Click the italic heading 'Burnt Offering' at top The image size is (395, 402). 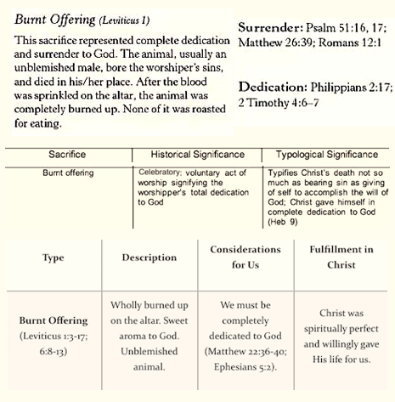(55, 20)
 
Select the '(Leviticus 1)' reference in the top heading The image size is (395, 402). (124, 20)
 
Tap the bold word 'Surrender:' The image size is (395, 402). (270, 27)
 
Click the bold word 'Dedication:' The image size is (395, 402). (273, 87)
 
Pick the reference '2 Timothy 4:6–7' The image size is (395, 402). (279, 103)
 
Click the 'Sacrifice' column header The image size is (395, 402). (67, 155)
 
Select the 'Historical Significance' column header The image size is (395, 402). (198, 155)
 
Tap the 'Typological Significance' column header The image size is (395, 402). (327, 155)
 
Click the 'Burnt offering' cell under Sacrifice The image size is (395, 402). (68, 173)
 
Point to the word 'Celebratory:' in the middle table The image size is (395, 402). (159, 173)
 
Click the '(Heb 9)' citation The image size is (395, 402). (283, 222)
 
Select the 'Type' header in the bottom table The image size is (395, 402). (54, 258)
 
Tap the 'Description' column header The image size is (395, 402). (150, 258)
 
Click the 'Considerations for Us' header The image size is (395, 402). (245, 257)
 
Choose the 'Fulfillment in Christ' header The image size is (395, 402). (341, 257)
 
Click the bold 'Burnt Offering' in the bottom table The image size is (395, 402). (54, 320)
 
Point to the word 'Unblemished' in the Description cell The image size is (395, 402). (150, 351)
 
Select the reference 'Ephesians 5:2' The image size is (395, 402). (244, 367)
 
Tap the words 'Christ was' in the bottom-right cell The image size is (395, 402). (341, 313)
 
